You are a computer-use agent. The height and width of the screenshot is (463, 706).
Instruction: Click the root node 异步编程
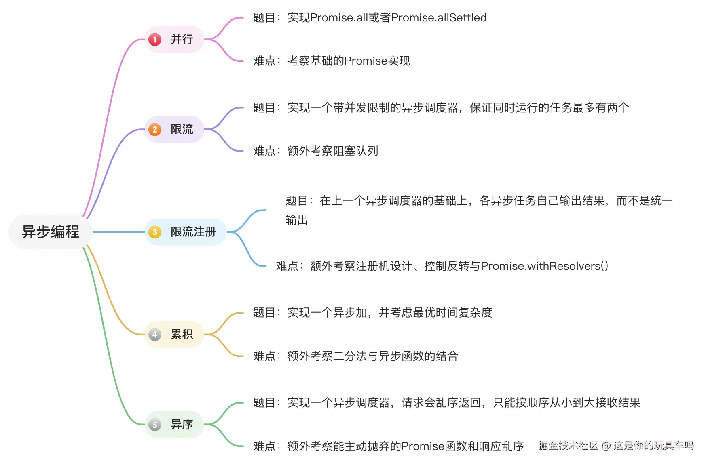pos(51,232)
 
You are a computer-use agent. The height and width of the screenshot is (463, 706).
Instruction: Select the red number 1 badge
pos(155,40)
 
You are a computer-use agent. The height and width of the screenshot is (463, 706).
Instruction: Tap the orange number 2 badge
pos(155,130)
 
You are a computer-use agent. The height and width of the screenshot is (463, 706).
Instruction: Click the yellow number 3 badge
pos(155,232)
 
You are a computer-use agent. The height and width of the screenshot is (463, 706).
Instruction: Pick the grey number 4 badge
pos(155,335)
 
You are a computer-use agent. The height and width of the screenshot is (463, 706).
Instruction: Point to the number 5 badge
pos(155,425)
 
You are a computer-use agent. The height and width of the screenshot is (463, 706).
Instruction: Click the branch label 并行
pos(182,40)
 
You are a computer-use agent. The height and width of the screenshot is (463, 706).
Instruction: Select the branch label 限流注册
pos(193,232)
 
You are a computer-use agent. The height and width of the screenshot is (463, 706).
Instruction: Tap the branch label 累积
pos(182,335)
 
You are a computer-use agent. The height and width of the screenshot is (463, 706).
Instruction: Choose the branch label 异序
pos(182,425)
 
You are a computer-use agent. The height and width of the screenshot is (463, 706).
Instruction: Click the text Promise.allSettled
pos(439,18)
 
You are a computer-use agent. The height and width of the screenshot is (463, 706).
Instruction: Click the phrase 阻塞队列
pos(355,151)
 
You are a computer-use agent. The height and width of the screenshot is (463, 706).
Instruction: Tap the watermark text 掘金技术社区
pos(568,446)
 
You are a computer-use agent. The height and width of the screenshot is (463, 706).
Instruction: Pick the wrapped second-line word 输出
pos(297,220)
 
